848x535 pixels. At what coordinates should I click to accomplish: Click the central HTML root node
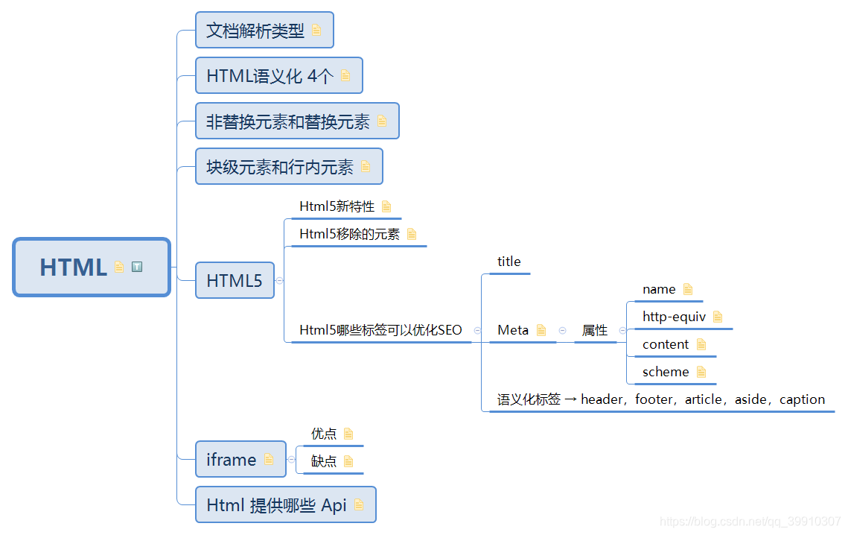point(74,267)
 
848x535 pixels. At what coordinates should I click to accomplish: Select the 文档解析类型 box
point(255,31)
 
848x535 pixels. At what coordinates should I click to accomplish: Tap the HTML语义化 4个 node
point(270,76)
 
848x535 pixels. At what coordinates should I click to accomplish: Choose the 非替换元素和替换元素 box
point(288,121)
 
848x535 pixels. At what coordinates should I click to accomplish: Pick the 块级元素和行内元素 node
point(280,167)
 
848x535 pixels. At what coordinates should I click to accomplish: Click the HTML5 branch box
point(235,280)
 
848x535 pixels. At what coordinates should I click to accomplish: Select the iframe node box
point(232,460)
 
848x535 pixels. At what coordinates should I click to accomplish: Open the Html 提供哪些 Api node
point(276,505)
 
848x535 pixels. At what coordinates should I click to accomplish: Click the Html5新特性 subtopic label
point(337,206)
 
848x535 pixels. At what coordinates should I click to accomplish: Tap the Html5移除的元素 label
point(349,234)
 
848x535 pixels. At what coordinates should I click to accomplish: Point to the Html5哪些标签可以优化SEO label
point(380,330)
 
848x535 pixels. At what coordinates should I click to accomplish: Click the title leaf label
point(509,262)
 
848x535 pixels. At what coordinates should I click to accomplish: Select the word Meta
point(513,330)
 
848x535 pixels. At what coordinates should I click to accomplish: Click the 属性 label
point(595,330)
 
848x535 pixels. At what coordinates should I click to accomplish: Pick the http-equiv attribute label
point(674,317)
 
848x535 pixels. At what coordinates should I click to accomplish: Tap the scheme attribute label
point(666,372)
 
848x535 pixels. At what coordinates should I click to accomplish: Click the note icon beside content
point(701,344)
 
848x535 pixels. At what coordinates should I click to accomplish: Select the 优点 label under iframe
point(324,434)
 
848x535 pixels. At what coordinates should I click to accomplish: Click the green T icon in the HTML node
point(137,267)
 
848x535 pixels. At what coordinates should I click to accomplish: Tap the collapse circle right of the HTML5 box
point(280,280)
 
